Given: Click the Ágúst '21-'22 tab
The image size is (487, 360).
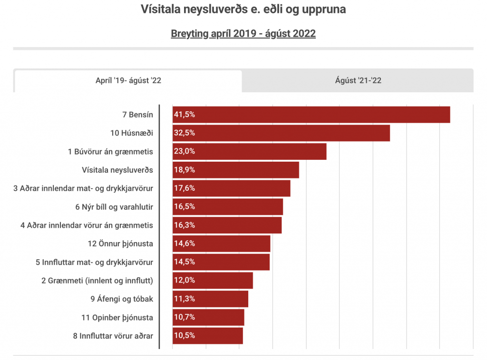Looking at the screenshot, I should (358, 80).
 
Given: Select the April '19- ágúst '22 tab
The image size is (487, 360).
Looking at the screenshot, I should (128, 80).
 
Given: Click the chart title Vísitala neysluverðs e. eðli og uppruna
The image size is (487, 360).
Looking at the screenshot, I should (243, 9).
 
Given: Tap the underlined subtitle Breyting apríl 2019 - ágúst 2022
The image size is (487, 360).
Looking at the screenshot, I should (243, 34).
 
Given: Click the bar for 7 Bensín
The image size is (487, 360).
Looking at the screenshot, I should (311, 115).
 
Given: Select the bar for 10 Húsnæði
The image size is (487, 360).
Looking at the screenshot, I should (281, 133).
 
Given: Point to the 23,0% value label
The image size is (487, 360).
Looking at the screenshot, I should (185, 151).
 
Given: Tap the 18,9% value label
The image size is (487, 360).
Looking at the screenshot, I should (185, 170).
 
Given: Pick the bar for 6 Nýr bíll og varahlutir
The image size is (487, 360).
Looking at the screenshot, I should (228, 207).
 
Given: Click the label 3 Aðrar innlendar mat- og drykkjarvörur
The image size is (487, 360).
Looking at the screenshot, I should (83, 188).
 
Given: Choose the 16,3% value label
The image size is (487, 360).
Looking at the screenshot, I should (185, 225).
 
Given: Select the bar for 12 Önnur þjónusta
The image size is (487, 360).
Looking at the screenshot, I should (221, 243).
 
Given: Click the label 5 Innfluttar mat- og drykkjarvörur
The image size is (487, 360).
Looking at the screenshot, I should (94, 262).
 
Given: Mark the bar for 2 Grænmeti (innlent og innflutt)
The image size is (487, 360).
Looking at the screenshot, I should (213, 281).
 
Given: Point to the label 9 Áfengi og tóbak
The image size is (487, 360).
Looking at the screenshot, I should (122, 299).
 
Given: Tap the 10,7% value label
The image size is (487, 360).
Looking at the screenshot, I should (185, 317).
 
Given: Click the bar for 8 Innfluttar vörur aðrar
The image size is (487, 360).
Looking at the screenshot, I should (208, 336).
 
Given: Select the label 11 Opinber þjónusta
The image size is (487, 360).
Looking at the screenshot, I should (117, 317).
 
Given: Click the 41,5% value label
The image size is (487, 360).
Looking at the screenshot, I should (185, 115).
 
